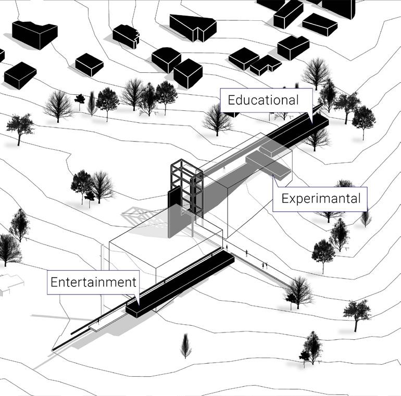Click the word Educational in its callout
click(263, 100)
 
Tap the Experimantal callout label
click(320, 198)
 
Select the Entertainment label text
click(93, 283)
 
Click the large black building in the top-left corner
click(34, 33)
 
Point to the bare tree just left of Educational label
click(217, 120)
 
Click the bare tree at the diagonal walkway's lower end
click(299, 291)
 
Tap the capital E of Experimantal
click(285, 198)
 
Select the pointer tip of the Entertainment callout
click(137, 300)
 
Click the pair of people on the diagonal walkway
click(265, 266)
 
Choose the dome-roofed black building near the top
click(166, 59)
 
